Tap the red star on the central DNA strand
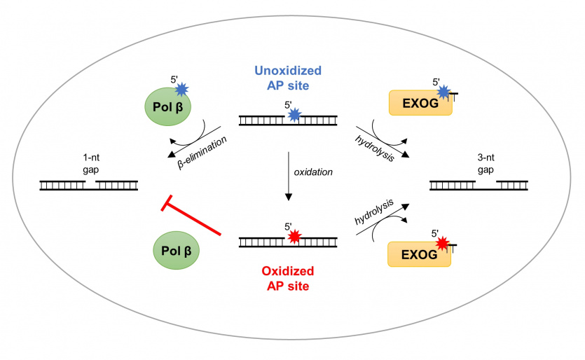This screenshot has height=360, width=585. click(295, 238)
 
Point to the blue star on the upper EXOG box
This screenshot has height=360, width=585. click(443, 92)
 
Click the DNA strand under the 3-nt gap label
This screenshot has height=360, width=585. click(479, 186)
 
